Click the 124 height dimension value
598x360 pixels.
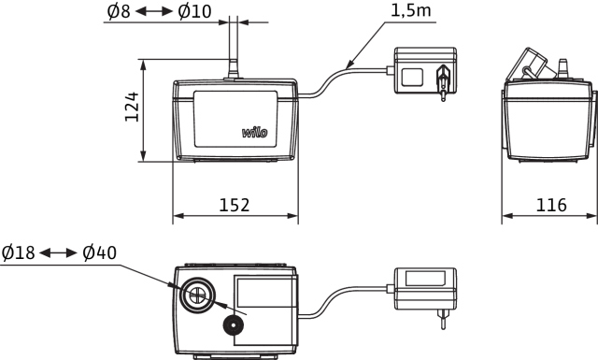point(132,107)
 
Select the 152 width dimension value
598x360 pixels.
point(235,205)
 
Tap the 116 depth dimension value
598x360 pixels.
point(551,205)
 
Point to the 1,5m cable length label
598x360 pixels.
point(411,10)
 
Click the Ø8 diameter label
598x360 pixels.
point(119,11)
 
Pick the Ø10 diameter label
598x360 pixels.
point(194,11)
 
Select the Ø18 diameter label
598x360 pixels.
point(19,252)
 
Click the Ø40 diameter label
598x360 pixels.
point(100,252)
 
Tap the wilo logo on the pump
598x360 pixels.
point(255,132)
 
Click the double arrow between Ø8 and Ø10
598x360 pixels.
point(154,12)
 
